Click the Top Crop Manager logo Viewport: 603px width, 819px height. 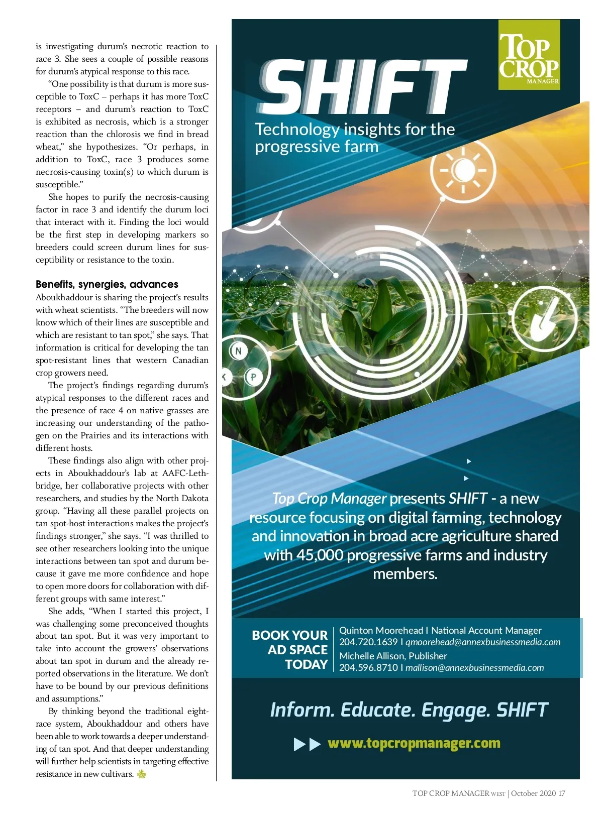529,55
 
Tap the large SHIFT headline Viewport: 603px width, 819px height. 362,88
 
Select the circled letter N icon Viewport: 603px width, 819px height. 238,351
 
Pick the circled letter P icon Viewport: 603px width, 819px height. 253,376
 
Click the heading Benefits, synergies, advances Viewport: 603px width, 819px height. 107,284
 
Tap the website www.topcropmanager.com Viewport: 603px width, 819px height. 414,743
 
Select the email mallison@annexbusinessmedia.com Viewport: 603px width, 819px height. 474,668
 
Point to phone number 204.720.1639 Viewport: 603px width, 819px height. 368,642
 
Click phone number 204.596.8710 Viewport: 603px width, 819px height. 368,668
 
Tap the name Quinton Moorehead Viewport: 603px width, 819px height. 381,630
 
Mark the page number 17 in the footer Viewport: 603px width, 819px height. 561,793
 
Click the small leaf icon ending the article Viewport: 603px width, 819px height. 142,774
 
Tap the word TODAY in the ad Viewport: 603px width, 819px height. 306,664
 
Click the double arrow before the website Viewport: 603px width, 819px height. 307,744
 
